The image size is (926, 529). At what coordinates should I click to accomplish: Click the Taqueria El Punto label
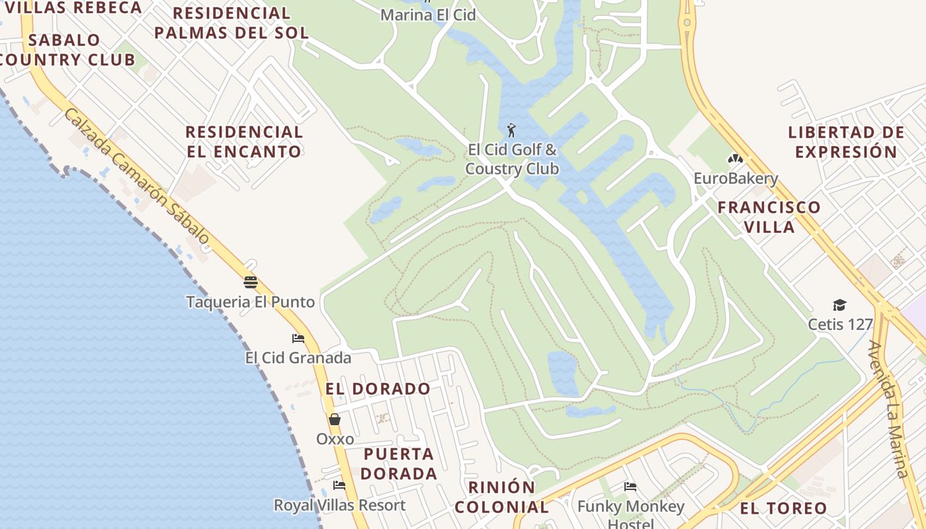click(x=250, y=302)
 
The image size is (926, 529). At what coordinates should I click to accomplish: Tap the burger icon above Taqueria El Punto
click(x=250, y=282)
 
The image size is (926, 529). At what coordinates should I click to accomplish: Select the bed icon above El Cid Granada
click(x=298, y=339)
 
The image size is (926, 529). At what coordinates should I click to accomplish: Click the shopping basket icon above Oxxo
click(x=335, y=419)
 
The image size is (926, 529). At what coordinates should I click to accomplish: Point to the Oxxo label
click(x=335, y=439)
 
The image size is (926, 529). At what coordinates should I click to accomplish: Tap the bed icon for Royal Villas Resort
click(x=339, y=485)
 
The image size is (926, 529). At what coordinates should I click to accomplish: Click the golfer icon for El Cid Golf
click(x=511, y=130)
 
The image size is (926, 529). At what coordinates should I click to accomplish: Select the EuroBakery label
click(x=736, y=179)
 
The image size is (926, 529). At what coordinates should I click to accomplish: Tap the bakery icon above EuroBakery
click(x=735, y=159)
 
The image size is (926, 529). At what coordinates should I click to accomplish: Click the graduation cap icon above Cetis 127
click(x=839, y=305)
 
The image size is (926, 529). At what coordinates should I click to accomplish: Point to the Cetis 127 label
click(x=840, y=325)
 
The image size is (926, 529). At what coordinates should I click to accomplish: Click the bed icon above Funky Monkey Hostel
click(x=630, y=487)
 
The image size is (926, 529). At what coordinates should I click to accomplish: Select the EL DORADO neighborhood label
click(x=378, y=389)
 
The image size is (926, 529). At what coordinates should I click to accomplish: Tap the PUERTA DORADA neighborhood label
click(x=399, y=464)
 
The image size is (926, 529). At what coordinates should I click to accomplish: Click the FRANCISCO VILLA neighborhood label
click(x=769, y=217)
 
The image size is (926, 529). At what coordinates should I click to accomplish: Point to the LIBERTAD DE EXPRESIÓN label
click(x=846, y=142)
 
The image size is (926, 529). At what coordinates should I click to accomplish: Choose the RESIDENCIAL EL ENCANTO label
click(x=243, y=142)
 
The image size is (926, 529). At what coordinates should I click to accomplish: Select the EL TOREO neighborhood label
click(x=783, y=509)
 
